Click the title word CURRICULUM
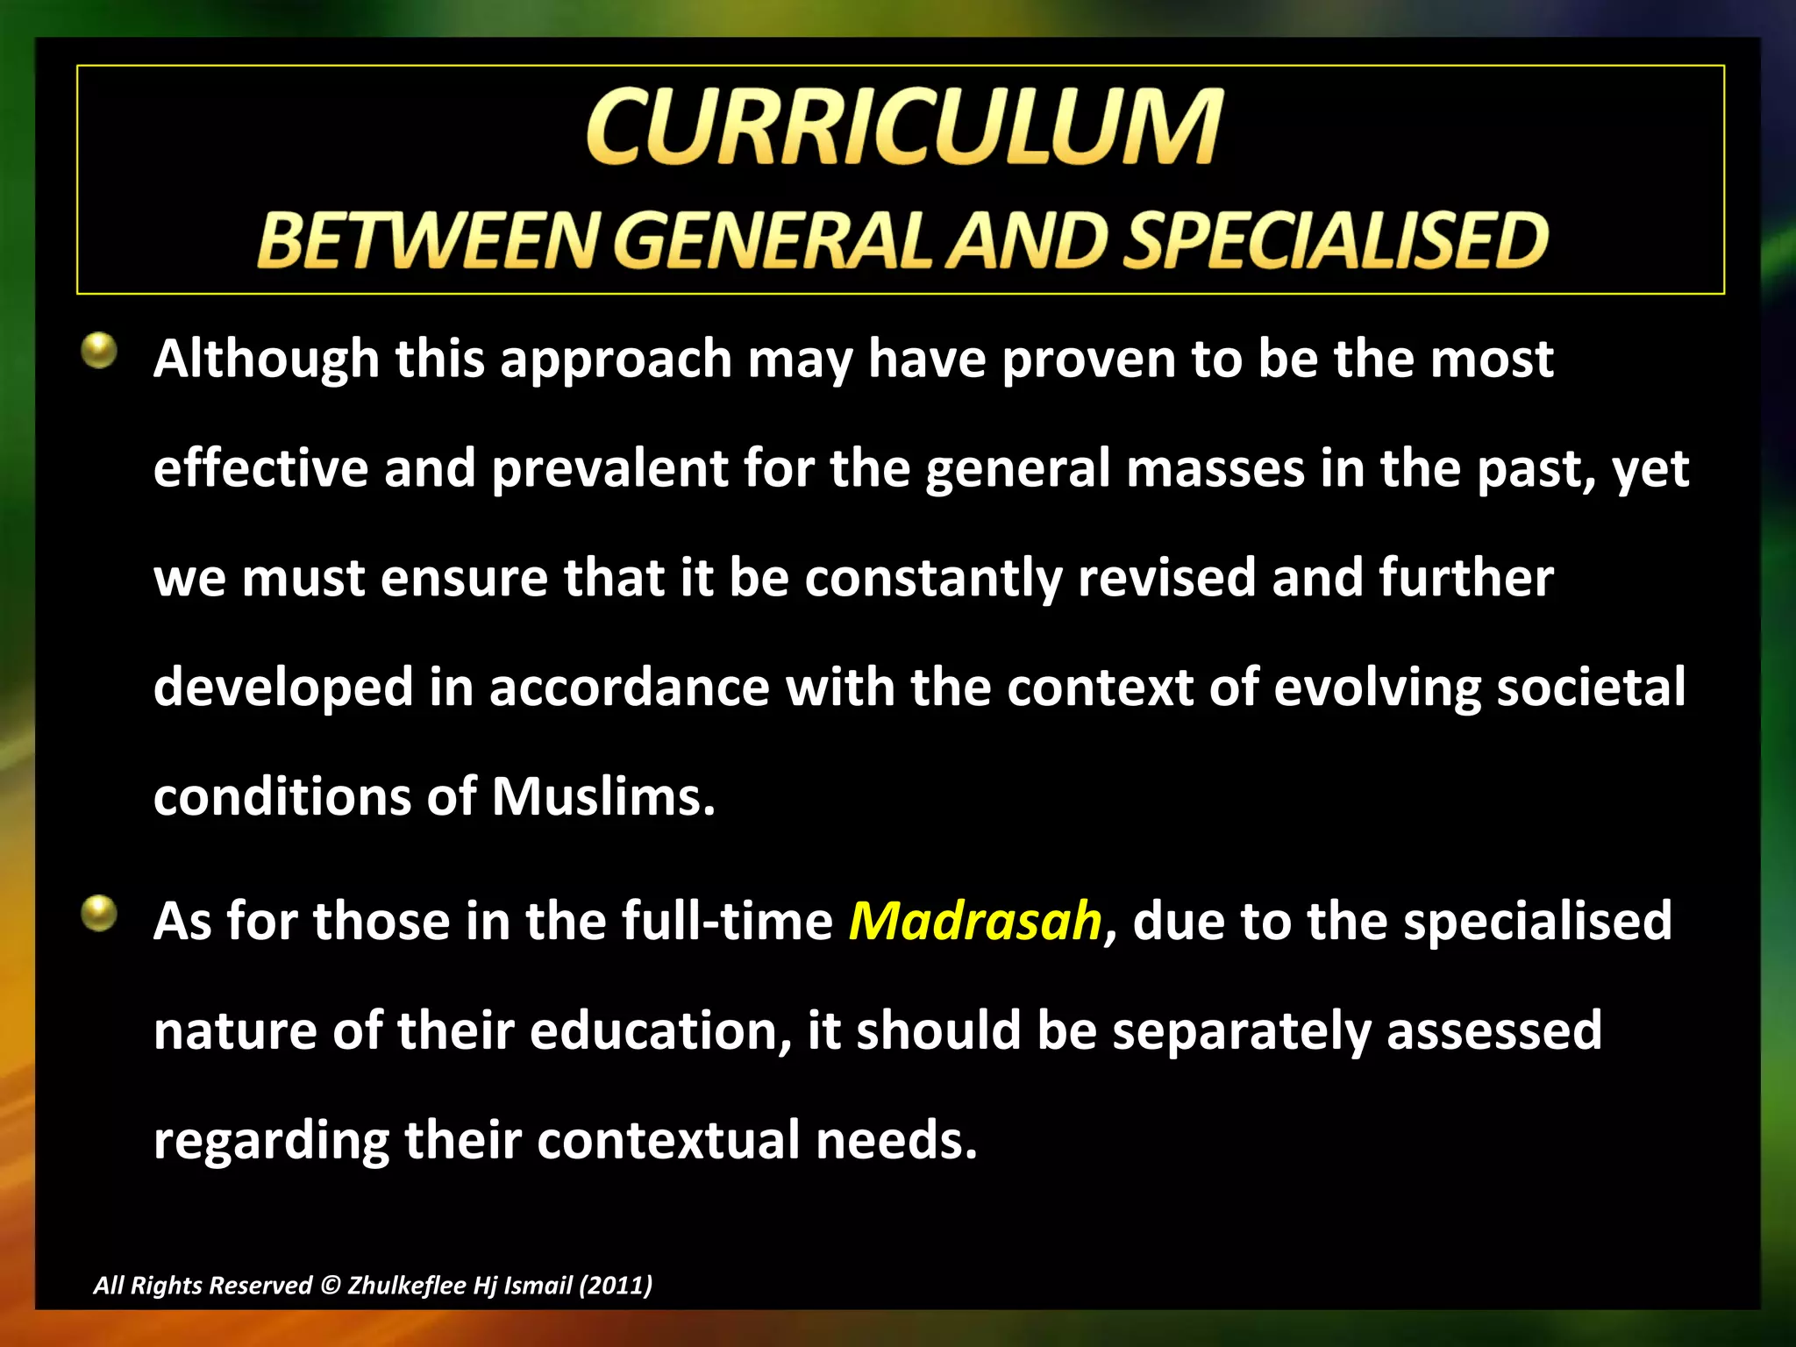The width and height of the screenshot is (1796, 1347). [x=903, y=128]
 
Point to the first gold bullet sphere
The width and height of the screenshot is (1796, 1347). [x=99, y=351]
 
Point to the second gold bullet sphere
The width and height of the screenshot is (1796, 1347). [x=99, y=913]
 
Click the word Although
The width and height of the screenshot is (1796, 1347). [x=266, y=360]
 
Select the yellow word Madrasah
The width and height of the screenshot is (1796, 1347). [x=974, y=921]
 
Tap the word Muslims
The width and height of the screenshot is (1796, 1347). [x=603, y=797]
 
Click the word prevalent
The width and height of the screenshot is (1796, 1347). [x=609, y=468]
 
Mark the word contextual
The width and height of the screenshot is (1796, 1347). [x=668, y=1140]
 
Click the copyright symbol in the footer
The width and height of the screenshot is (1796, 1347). [x=330, y=1286]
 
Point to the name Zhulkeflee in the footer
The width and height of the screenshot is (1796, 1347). [x=406, y=1286]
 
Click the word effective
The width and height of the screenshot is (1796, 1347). [x=260, y=468]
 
